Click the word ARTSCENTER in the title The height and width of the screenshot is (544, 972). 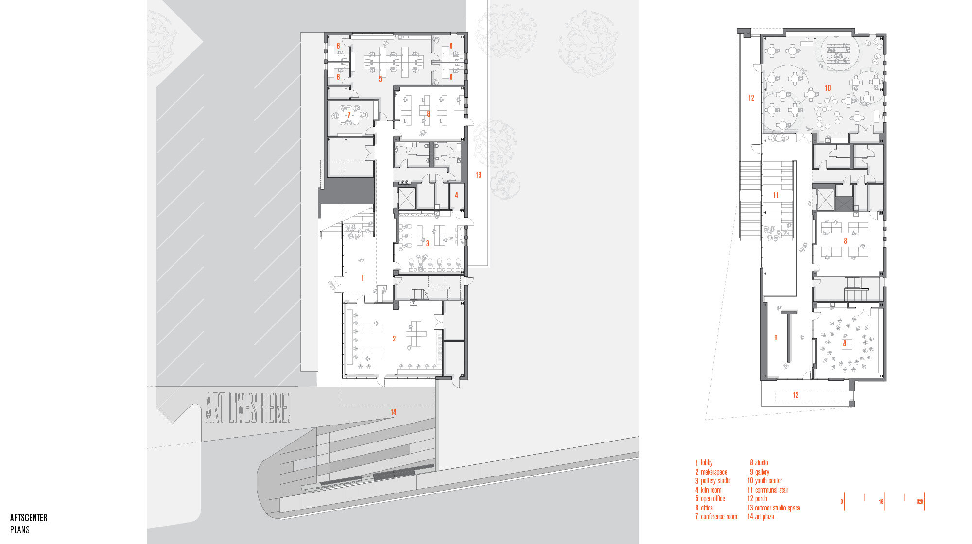coord(29,518)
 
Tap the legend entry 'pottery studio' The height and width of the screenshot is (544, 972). coord(715,481)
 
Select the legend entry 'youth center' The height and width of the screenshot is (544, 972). coord(768,481)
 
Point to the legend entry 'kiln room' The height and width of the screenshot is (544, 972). coord(711,490)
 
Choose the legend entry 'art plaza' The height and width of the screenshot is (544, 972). coord(764,517)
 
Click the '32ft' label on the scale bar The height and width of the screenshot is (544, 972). coord(920,502)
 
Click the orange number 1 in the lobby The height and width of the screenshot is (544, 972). coord(362,278)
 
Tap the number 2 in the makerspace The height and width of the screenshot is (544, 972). coord(394,339)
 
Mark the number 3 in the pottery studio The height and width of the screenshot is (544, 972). coord(428,244)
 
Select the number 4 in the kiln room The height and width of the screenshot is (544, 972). coord(456,195)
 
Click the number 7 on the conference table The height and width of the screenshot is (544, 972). coord(349,115)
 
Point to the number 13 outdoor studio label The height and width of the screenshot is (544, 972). coord(478,175)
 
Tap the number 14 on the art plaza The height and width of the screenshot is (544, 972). coord(393,412)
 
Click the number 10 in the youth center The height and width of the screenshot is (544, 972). coord(828,88)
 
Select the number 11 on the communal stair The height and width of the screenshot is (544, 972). coord(776,195)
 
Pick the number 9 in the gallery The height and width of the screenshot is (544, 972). coord(776,338)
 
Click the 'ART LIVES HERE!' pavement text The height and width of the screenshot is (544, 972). coord(248,408)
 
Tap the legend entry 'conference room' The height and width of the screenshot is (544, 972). coord(719,517)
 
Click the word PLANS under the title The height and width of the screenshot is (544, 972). coord(20,530)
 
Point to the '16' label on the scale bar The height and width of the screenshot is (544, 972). coord(881,502)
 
